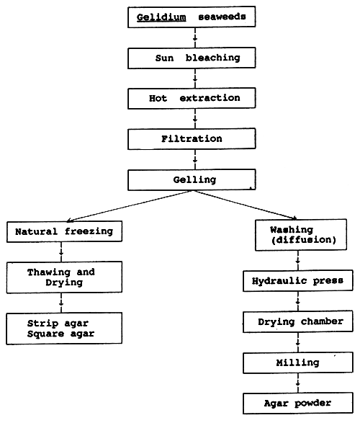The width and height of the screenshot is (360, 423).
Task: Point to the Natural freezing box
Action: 64,232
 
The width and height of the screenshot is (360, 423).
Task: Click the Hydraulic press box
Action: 298,281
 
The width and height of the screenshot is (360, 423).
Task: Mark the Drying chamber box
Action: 298,321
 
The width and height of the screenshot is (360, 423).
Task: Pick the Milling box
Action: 298,362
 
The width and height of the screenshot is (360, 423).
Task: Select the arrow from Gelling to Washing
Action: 252,206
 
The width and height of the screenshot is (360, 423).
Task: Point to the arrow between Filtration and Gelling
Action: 191,159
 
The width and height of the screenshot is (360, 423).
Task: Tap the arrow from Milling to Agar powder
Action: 298,382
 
